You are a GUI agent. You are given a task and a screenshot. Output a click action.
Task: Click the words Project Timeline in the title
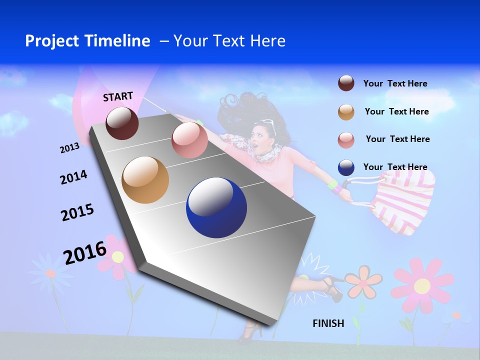click(87, 41)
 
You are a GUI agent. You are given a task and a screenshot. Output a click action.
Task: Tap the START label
click(118, 96)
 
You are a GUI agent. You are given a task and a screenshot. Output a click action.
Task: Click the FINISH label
click(328, 323)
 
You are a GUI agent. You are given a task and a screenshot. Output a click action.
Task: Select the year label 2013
click(69, 148)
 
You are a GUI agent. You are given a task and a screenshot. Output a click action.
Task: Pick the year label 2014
click(73, 177)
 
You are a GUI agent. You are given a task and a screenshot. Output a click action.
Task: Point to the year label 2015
click(77, 212)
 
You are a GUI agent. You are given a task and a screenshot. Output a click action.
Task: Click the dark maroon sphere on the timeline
click(122, 123)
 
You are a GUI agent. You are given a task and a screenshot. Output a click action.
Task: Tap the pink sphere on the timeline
click(189, 140)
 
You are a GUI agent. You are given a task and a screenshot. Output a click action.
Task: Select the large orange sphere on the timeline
click(145, 180)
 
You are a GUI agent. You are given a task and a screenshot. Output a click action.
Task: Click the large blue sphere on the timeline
click(216, 207)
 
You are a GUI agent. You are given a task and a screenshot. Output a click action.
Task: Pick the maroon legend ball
click(346, 83)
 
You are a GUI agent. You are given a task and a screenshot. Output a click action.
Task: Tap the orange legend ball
click(346, 112)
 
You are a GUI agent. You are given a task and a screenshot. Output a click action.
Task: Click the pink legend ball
click(346, 139)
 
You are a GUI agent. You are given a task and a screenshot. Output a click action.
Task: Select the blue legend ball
click(346, 167)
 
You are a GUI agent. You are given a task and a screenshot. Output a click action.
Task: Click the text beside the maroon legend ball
click(395, 83)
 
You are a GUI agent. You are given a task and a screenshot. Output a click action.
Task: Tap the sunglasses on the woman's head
click(267, 123)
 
